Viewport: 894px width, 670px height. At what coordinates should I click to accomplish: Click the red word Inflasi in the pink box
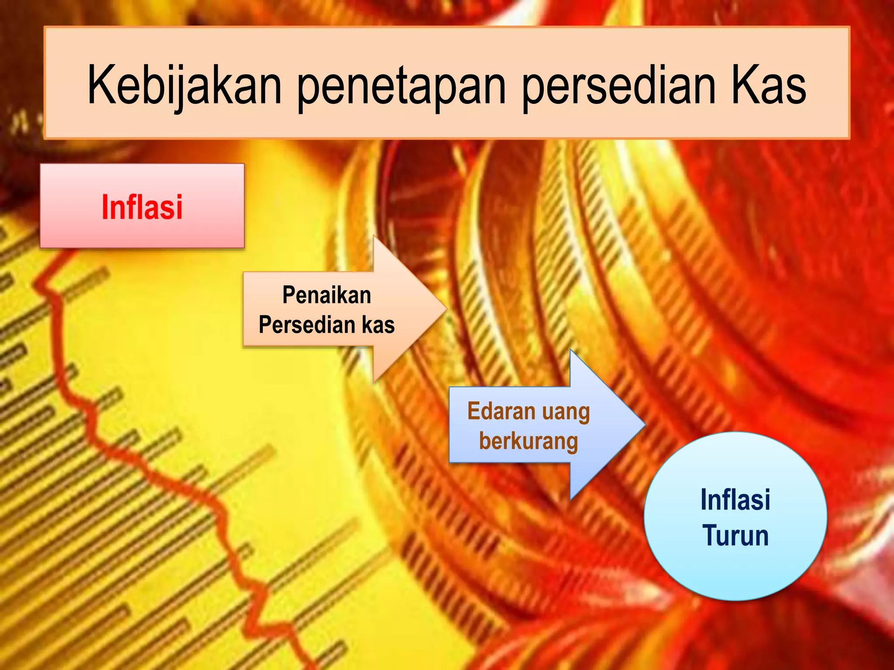click(x=142, y=207)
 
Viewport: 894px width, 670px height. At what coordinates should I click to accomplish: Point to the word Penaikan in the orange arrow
click(x=327, y=295)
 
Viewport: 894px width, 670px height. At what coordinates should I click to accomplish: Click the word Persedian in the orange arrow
click(x=306, y=325)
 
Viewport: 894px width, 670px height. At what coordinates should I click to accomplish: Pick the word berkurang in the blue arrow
click(x=528, y=441)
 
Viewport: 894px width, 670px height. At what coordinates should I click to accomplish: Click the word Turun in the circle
click(x=736, y=535)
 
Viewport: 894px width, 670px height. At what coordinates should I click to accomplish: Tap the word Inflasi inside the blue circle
click(x=735, y=499)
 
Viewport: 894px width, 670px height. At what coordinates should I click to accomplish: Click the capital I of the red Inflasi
click(x=105, y=207)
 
